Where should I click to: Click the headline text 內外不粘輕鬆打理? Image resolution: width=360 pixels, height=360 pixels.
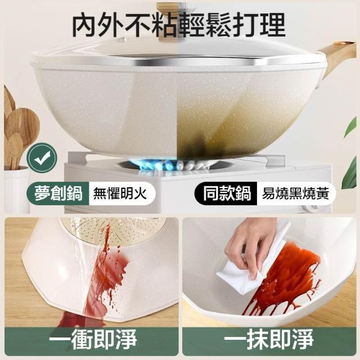[x=179, y=25]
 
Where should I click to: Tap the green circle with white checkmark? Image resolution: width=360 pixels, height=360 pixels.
[x=42, y=157]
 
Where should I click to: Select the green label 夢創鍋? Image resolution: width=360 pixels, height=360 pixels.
[x=58, y=193]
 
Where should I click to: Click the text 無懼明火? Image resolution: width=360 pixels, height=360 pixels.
[x=120, y=193]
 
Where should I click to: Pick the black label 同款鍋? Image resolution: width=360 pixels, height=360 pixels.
[x=226, y=193]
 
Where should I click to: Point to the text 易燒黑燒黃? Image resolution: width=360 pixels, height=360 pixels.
[x=295, y=193]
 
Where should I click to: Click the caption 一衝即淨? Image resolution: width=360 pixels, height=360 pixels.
[x=92, y=339]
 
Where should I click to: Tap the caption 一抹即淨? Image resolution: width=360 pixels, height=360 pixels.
[x=269, y=339]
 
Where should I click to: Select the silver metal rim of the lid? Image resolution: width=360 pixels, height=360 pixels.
[x=179, y=61]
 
